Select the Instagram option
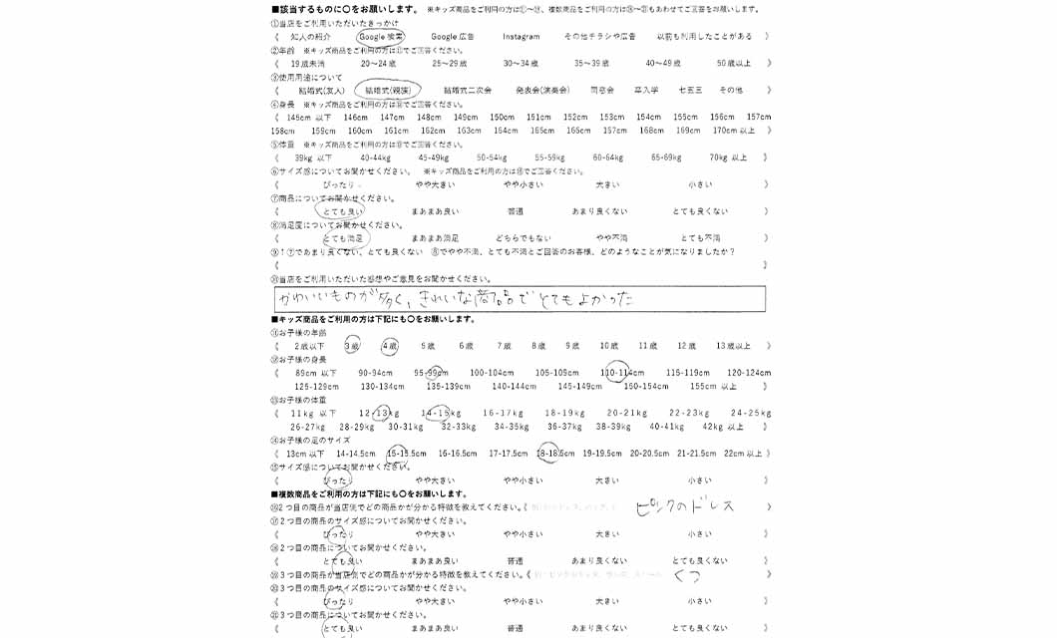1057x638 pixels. [521, 37]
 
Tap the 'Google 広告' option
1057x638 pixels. [452, 37]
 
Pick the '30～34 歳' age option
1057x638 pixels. [521, 63]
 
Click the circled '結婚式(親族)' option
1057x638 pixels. [387, 90]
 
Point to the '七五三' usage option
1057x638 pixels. [690, 90]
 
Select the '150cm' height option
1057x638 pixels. [502, 117]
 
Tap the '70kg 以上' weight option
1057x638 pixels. [727, 158]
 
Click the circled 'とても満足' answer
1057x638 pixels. [345, 238]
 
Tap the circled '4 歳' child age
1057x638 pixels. [389, 346]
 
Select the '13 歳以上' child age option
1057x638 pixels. [733, 346]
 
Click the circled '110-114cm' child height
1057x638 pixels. [617, 373]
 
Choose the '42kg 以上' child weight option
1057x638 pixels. [723, 427]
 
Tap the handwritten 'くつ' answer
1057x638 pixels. [686, 575]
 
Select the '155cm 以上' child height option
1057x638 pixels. [713, 386]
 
